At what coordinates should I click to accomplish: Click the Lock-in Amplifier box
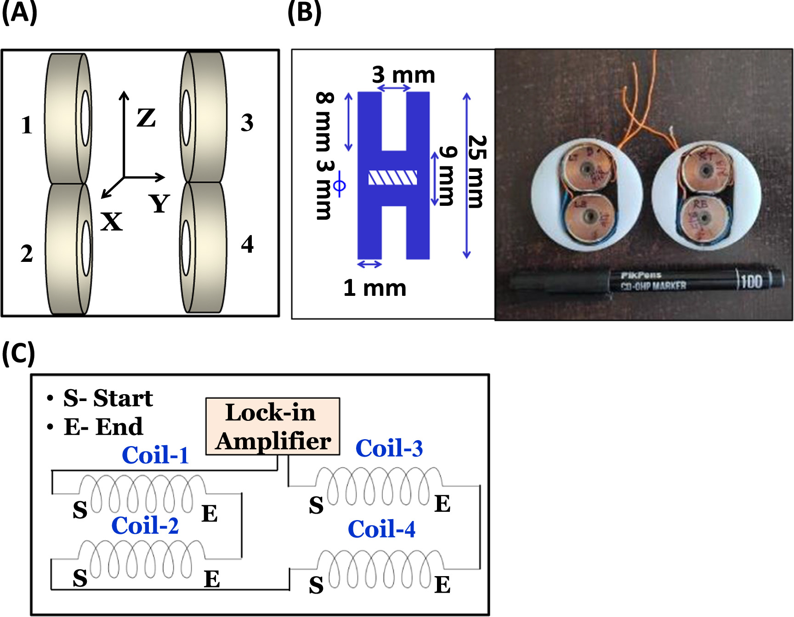272,426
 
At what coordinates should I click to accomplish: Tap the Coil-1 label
155,455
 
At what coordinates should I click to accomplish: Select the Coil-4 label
381,529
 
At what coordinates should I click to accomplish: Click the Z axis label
146,118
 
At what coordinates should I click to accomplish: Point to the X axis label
112,222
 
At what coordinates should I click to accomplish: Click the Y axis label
159,204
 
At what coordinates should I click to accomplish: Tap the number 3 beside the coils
247,123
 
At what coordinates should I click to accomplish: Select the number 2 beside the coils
27,254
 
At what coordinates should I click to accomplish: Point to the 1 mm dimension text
374,288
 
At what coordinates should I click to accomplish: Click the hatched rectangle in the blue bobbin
393,178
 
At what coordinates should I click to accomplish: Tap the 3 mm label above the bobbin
403,74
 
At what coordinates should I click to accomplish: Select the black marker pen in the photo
643,281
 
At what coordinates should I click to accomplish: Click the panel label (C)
18,354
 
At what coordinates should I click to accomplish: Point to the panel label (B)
304,12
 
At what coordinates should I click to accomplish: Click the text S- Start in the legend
108,398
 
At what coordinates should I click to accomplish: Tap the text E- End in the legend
103,427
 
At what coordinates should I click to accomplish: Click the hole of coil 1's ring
85,118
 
